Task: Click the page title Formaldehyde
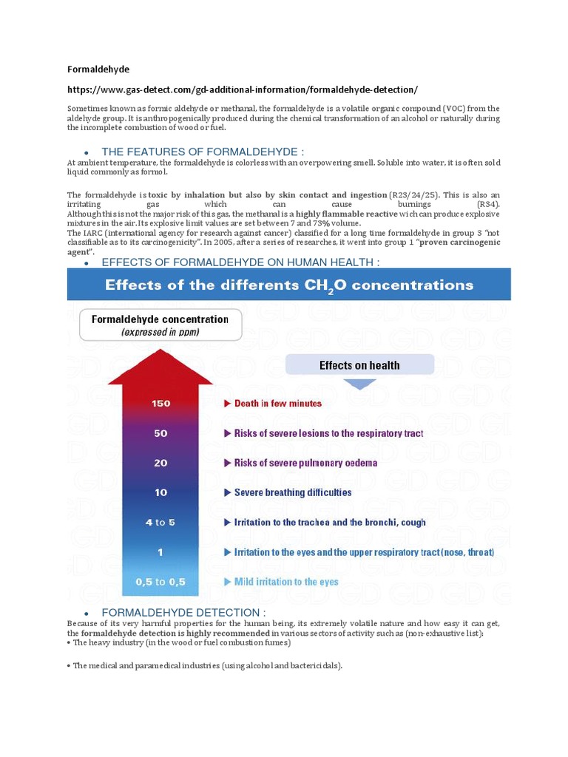click(98, 69)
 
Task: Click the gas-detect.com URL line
click(242, 89)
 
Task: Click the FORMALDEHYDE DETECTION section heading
click(183, 612)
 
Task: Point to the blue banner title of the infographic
click(289, 285)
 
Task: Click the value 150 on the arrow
click(160, 404)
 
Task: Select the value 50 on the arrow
click(160, 433)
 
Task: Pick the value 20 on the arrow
click(160, 463)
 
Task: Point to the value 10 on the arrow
click(160, 492)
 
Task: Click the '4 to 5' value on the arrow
click(160, 522)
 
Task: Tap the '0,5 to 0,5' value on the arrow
click(160, 582)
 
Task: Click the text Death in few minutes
click(278, 404)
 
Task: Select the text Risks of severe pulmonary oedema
click(305, 463)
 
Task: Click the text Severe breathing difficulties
click(293, 492)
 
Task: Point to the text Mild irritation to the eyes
click(286, 582)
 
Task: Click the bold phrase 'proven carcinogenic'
click(459, 242)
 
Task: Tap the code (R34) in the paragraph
click(487, 204)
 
